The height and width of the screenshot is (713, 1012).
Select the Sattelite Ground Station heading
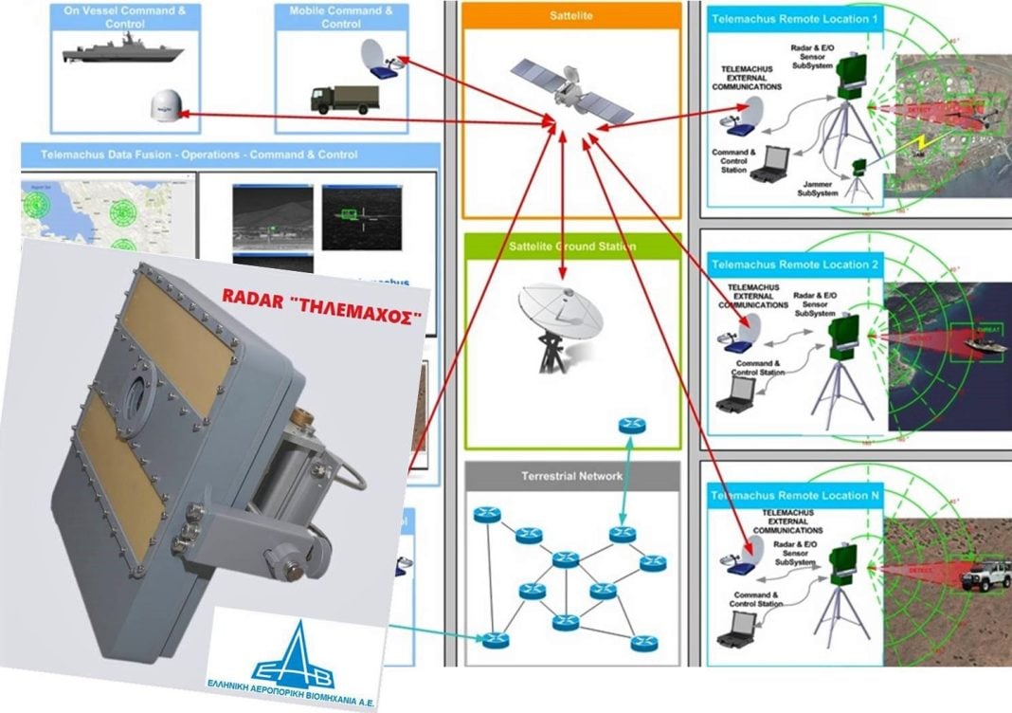[x=572, y=247]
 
